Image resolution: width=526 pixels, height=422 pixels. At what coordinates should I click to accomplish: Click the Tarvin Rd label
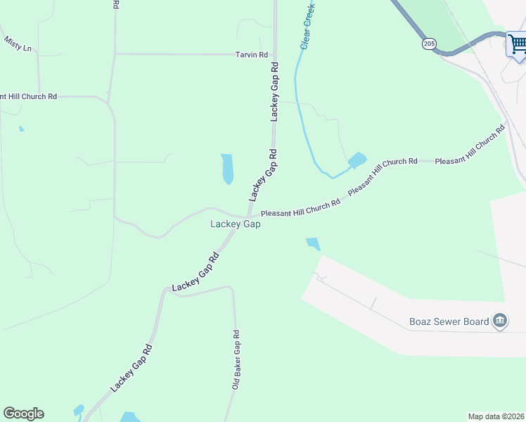252,54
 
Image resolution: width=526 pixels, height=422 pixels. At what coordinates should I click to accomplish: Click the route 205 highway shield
429,44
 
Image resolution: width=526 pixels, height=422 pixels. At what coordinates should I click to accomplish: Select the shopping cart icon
518,45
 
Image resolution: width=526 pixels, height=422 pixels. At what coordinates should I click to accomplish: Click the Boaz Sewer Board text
449,322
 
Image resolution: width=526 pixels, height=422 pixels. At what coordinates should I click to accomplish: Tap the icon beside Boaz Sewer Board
500,322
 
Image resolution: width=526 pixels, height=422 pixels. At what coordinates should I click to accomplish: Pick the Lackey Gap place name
236,224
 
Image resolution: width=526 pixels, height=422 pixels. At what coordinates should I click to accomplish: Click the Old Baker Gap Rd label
237,360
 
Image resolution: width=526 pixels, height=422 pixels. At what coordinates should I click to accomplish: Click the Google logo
23,414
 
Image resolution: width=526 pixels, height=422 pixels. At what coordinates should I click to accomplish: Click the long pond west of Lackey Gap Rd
227,169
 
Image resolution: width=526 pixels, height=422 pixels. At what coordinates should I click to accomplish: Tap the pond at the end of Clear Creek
357,160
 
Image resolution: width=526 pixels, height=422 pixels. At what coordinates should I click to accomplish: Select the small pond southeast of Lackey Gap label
313,244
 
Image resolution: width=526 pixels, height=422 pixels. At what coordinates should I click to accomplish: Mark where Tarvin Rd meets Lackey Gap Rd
274,54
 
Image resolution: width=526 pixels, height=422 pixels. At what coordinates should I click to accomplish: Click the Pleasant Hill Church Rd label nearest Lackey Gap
300,207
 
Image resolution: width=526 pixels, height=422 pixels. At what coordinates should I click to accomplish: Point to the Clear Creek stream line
298,105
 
